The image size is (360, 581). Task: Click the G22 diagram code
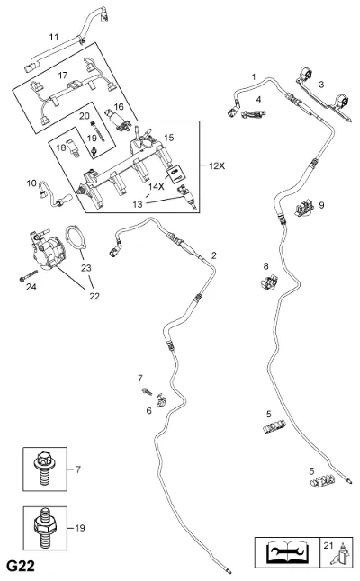click(21, 567)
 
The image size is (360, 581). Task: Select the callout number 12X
click(217, 166)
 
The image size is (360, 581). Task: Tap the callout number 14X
click(156, 187)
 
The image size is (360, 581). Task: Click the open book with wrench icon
click(287, 552)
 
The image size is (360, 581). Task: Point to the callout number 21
click(328, 545)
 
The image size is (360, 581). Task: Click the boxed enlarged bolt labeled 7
click(45, 469)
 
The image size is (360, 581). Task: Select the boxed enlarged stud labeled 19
click(45, 528)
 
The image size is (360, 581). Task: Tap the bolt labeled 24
click(28, 275)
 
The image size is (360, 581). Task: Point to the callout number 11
click(54, 37)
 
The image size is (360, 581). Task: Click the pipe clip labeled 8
click(268, 282)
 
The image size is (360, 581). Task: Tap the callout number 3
click(321, 85)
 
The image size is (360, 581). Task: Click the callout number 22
click(94, 296)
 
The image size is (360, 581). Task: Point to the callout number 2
click(214, 255)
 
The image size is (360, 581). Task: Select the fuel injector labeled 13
click(186, 197)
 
